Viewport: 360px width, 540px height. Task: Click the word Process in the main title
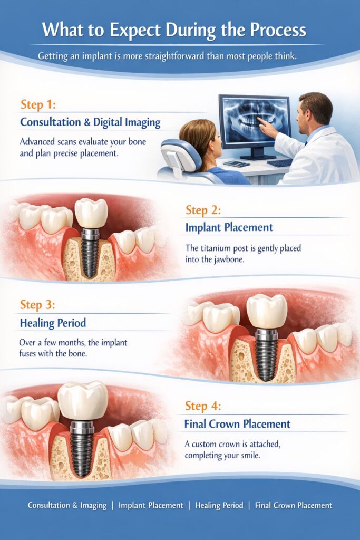tap(278, 30)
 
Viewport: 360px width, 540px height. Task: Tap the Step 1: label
tap(38, 104)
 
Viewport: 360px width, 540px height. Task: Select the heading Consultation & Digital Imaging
tap(90, 122)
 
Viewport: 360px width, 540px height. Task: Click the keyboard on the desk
tap(279, 162)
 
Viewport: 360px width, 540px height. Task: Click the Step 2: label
tap(203, 210)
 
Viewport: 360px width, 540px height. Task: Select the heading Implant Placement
tap(229, 227)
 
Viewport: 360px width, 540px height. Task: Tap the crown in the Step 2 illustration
tap(91, 213)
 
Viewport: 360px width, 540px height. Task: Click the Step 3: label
tap(37, 305)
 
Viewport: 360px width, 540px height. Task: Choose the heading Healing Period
tap(53, 323)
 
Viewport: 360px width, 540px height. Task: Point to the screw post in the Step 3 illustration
tap(266, 354)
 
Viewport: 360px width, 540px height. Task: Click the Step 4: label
tap(203, 406)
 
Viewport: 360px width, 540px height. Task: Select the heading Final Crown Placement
tap(238, 424)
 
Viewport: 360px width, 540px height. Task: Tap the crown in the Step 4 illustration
tap(83, 400)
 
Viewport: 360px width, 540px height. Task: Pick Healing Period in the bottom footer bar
tap(219, 506)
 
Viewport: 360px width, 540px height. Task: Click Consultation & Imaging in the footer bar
tap(67, 506)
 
